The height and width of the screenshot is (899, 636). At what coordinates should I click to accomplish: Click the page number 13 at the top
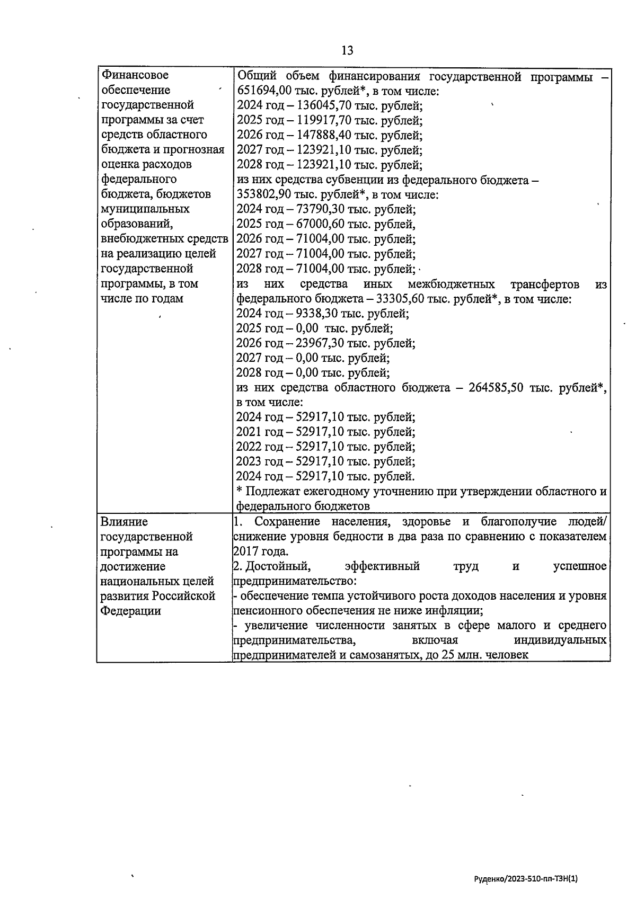pyautogui.click(x=347, y=50)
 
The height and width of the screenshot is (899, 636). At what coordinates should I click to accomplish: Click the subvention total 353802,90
pyautogui.click(x=262, y=194)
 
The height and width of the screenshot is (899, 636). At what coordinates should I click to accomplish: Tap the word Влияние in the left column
pyautogui.click(x=124, y=522)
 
